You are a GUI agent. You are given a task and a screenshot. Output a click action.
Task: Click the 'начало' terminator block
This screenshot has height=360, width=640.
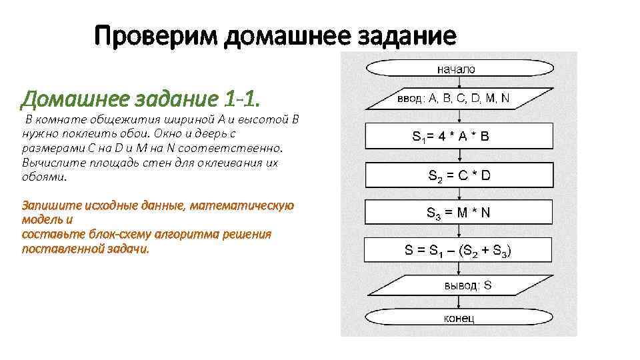[x=457, y=69]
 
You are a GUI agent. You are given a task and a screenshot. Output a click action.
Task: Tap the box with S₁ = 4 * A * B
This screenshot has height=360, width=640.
[x=459, y=136]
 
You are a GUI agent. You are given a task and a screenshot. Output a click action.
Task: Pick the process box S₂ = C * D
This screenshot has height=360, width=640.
[x=459, y=175]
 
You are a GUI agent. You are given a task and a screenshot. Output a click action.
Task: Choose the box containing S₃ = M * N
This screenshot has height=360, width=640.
[x=459, y=213]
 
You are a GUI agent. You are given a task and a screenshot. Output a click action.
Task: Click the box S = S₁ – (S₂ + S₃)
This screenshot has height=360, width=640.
[x=459, y=251]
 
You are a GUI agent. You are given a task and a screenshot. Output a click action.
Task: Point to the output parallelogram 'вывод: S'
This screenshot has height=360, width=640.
[x=459, y=286]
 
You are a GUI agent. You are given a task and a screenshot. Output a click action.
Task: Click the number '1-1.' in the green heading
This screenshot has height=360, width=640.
[x=239, y=100]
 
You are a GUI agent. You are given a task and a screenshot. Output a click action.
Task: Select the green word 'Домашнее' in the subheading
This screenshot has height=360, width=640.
[x=66, y=100]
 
